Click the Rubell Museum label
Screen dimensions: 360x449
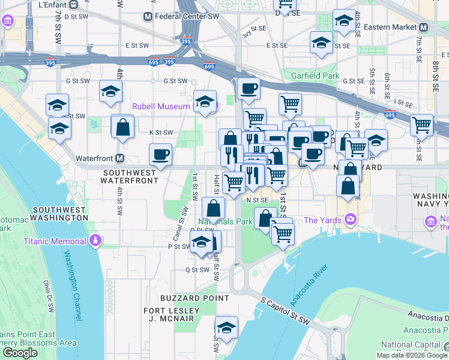click(161, 106)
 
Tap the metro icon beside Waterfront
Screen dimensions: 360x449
click(120, 158)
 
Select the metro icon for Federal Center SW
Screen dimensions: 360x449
click(148, 16)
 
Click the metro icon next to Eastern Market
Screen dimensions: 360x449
click(423, 27)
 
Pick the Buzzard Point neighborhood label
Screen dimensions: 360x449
click(194, 298)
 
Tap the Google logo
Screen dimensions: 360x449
click(20, 353)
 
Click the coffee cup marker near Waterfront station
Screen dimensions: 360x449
click(160, 154)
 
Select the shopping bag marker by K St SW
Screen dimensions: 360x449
click(122, 127)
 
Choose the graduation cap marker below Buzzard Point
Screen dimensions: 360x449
click(227, 327)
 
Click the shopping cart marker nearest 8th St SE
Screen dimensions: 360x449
click(421, 125)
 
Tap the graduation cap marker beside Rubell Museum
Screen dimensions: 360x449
click(205, 100)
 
